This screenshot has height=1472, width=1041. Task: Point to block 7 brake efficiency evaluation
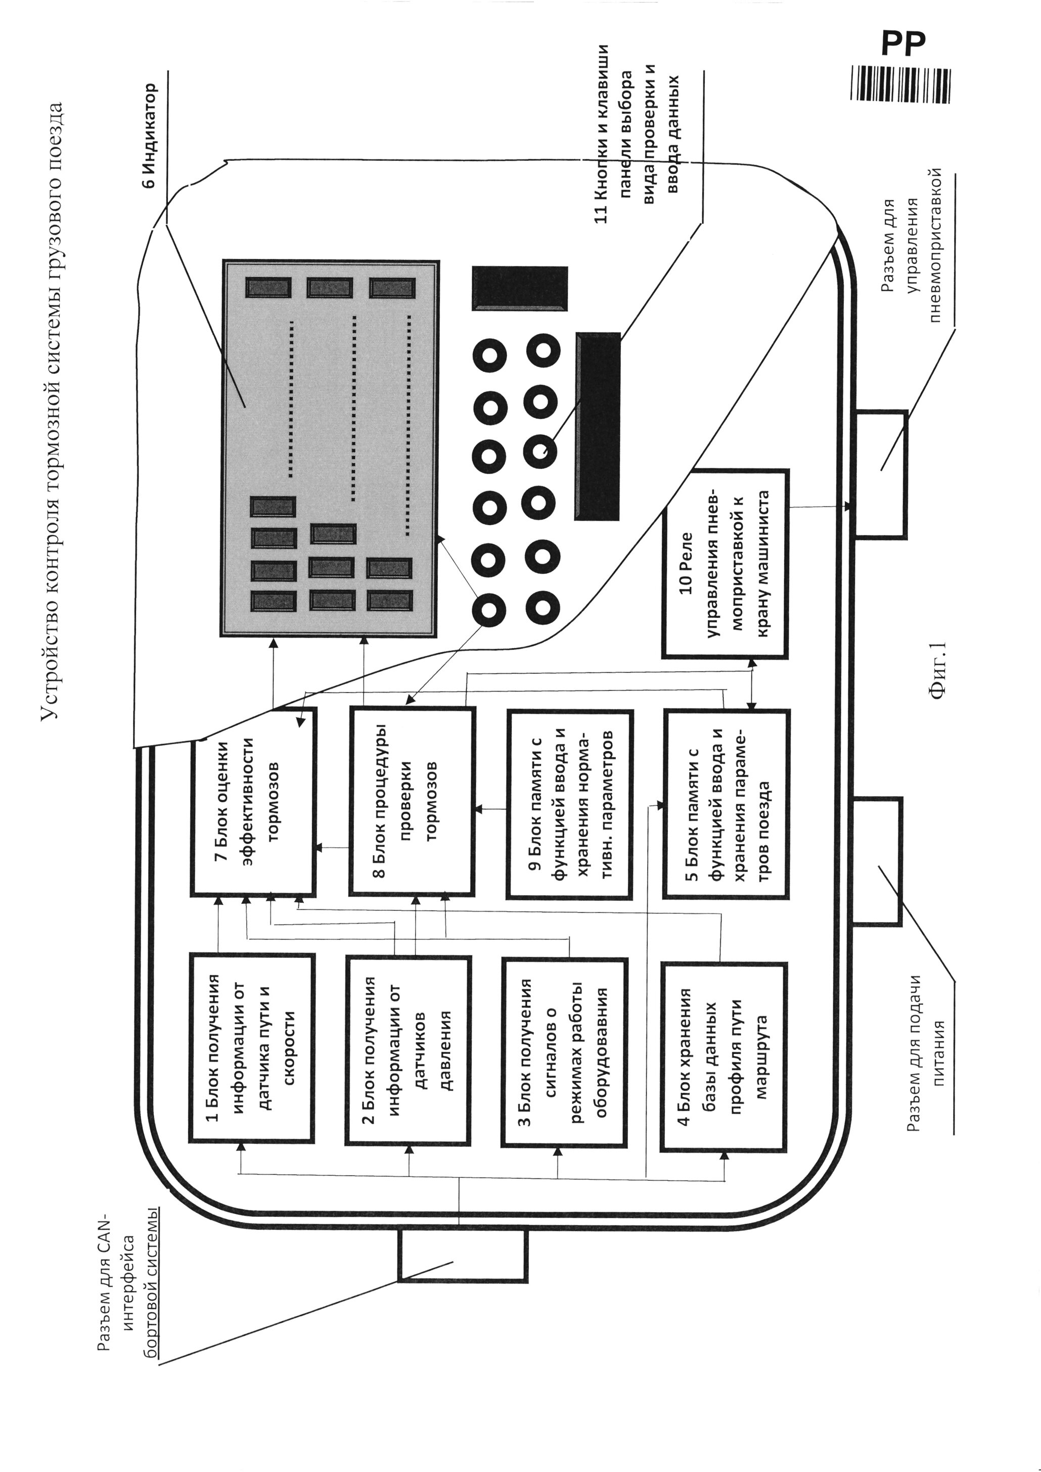(x=253, y=801)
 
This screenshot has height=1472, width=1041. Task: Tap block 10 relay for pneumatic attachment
(x=725, y=564)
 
